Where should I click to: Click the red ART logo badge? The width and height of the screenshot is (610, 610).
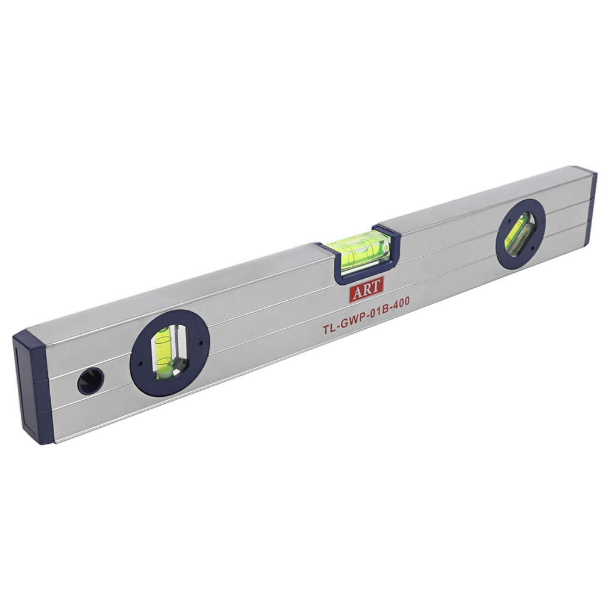366,289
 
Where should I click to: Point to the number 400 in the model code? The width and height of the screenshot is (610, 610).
399,302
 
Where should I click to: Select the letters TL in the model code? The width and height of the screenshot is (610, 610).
329,327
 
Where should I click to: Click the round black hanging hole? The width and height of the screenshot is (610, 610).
91,381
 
